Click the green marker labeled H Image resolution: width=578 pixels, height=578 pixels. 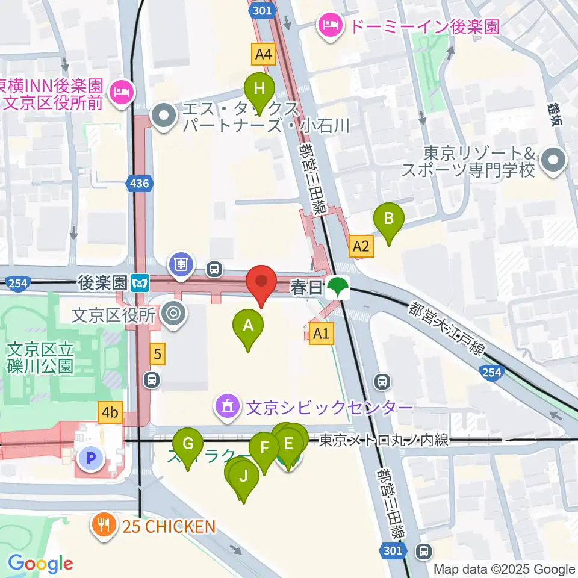259,89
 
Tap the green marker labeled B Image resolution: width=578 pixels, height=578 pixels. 389,219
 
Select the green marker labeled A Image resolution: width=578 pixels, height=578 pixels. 247,326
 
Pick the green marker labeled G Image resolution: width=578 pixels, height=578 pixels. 188,444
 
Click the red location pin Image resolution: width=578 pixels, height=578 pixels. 261,282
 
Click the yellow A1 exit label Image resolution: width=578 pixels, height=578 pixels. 321,332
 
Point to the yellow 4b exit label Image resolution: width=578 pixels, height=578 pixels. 110,413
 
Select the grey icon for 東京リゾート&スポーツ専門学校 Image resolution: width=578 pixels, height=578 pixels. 552,161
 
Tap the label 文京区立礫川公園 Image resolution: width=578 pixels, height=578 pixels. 40,356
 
